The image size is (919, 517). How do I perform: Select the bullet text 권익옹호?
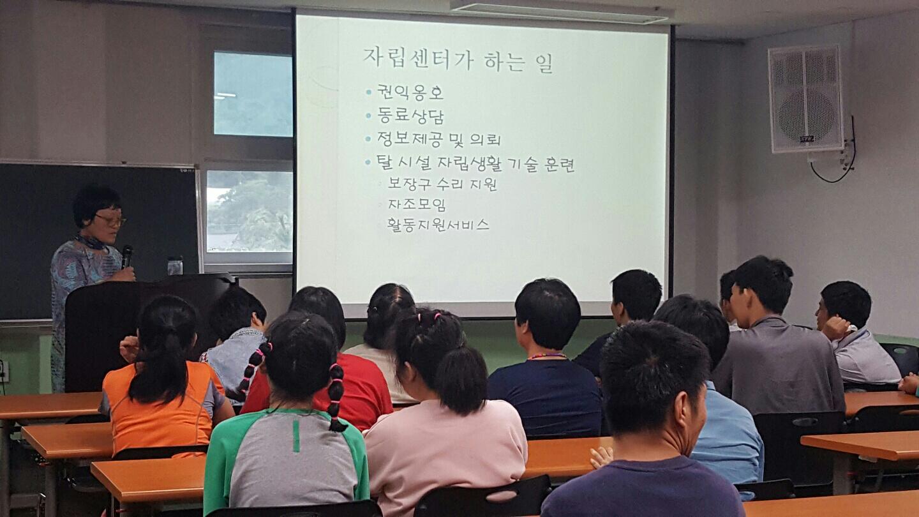click(x=410, y=93)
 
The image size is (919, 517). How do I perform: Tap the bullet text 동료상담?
click(x=410, y=116)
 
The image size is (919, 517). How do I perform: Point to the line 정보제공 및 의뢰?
click(x=438, y=140)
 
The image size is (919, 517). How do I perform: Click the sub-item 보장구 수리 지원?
click(x=442, y=184)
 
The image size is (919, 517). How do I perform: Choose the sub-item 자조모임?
click(x=417, y=204)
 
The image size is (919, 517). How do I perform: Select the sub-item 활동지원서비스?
click(x=438, y=225)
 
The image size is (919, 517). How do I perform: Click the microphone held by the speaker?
click(x=127, y=257)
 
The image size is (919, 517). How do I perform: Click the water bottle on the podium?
click(x=175, y=266)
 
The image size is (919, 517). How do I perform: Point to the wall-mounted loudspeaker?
click(x=805, y=99)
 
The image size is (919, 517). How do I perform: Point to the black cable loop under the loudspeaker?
click(x=837, y=164)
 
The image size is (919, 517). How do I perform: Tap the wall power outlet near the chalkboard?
click(x=4, y=371)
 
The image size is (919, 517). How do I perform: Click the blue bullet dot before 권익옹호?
click(x=368, y=92)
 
